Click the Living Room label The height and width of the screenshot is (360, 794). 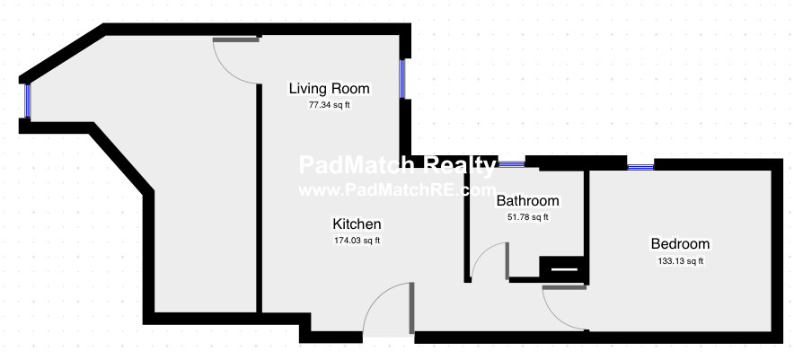(x=329, y=89)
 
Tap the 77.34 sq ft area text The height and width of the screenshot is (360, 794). (x=330, y=105)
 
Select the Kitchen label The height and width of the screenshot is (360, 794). (x=357, y=224)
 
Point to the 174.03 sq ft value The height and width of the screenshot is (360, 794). (x=357, y=241)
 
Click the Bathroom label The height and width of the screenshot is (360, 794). (x=527, y=201)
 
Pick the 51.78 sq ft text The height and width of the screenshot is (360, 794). (x=528, y=217)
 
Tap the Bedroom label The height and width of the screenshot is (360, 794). (x=680, y=244)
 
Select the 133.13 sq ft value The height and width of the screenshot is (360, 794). (x=680, y=261)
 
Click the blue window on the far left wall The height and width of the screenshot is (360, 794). (x=27, y=101)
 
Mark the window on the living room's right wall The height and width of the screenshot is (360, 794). (x=402, y=78)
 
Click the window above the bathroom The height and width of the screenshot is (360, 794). (x=511, y=164)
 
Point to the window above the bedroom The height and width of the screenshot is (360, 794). (x=640, y=167)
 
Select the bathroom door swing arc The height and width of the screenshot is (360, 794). (x=481, y=254)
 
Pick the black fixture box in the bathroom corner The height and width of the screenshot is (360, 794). (x=562, y=269)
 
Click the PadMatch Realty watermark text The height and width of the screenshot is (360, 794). (x=397, y=165)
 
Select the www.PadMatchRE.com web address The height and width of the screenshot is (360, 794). (x=397, y=190)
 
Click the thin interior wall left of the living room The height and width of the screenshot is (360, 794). (x=259, y=198)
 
